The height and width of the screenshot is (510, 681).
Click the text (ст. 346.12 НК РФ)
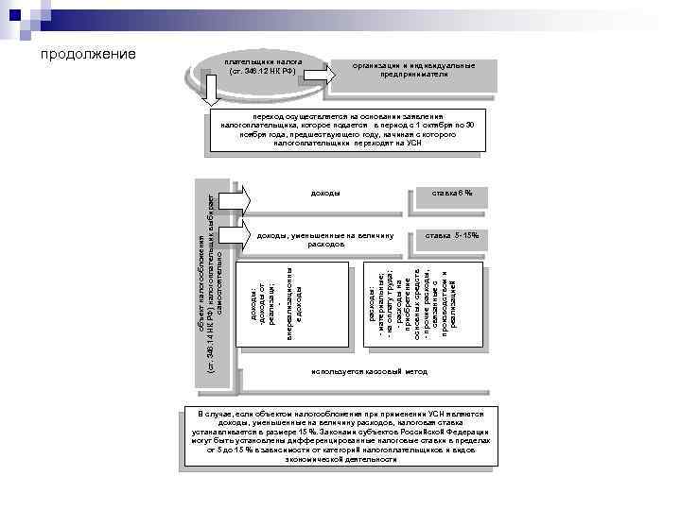[262, 70]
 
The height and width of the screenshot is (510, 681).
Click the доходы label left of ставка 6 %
[325, 195]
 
